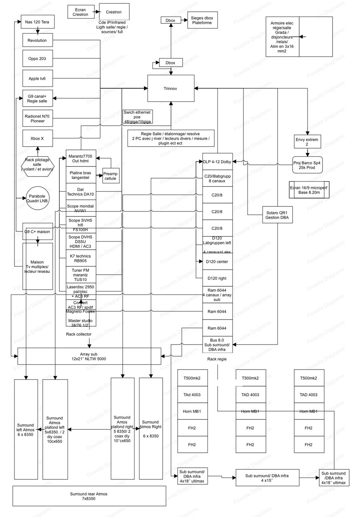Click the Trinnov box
pos(171,88)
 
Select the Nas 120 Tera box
pos(37,22)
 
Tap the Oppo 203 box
pos(37,59)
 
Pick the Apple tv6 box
pos(37,78)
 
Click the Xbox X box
pos(37,138)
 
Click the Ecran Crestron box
pos(80,12)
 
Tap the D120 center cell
pos(218,262)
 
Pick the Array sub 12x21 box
pos(89,356)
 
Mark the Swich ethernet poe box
pos(138,117)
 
